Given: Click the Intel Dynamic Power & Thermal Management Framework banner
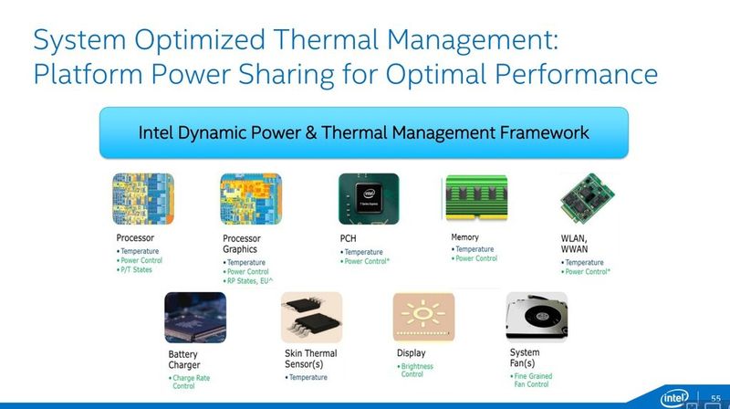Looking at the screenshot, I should tap(363, 132).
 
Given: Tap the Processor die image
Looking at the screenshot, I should tap(143, 199).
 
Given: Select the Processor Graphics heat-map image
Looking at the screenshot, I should tap(251, 199).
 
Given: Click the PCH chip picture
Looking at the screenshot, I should tap(369, 199).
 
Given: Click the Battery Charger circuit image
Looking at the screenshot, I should tap(195, 317).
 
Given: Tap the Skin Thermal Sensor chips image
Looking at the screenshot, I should tap(311, 317).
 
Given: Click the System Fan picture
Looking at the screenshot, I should tap(537, 317).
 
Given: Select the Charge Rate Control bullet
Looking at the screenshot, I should tap(191, 382).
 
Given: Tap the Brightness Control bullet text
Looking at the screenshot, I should tap(417, 370).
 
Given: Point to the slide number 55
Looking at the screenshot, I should tap(716, 398).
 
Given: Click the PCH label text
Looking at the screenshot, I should tap(348, 238).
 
